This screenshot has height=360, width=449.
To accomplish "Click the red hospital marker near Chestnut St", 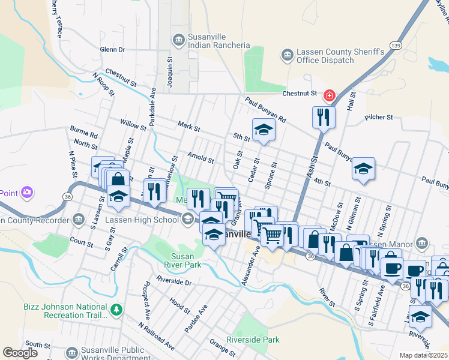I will pyautogui.click(x=329, y=95).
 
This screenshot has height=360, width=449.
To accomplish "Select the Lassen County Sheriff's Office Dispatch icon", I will pyautogui.click(x=287, y=56).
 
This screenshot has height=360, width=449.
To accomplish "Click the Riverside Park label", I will pyautogui.click(x=253, y=340).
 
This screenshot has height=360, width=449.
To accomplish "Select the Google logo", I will pyautogui.click(x=20, y=353).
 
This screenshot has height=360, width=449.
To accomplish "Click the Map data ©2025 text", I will pyautogui.click(x=424, y=355).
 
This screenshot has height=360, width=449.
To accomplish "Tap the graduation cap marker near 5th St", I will pyautogui.click(x=262, y=130).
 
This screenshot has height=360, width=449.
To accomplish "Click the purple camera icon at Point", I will pyautogui.click(x=26, y=192).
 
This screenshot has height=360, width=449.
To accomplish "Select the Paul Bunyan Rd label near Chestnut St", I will pyautogui.click(x=265, y=110).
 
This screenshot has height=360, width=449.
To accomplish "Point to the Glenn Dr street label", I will pyautogui.click(x=112, y=49).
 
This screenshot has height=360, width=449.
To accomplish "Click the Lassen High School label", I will pyautogui.click(x=142, y=220).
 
